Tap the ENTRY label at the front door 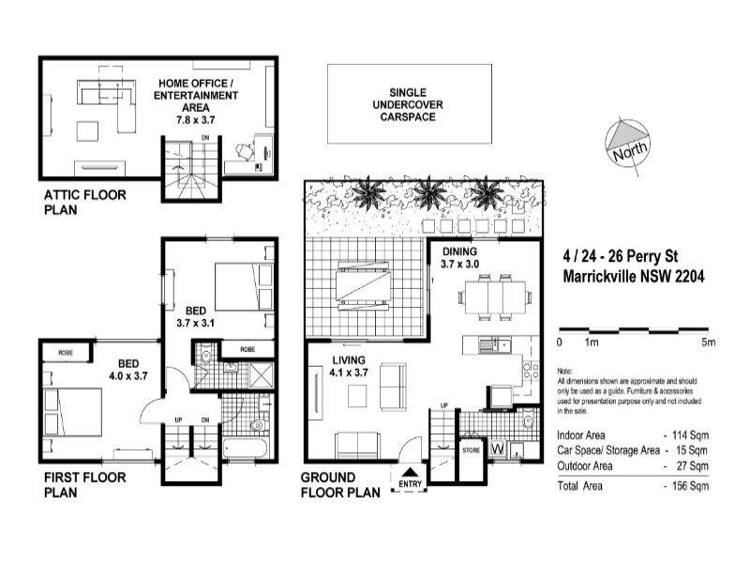[411, 483]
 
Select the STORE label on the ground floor [472, 451]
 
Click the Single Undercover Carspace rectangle [410, 104]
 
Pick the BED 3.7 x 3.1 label [196, 316]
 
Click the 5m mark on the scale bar [709, 342]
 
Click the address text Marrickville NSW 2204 [633, 277]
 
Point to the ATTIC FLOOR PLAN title [84, 204]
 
